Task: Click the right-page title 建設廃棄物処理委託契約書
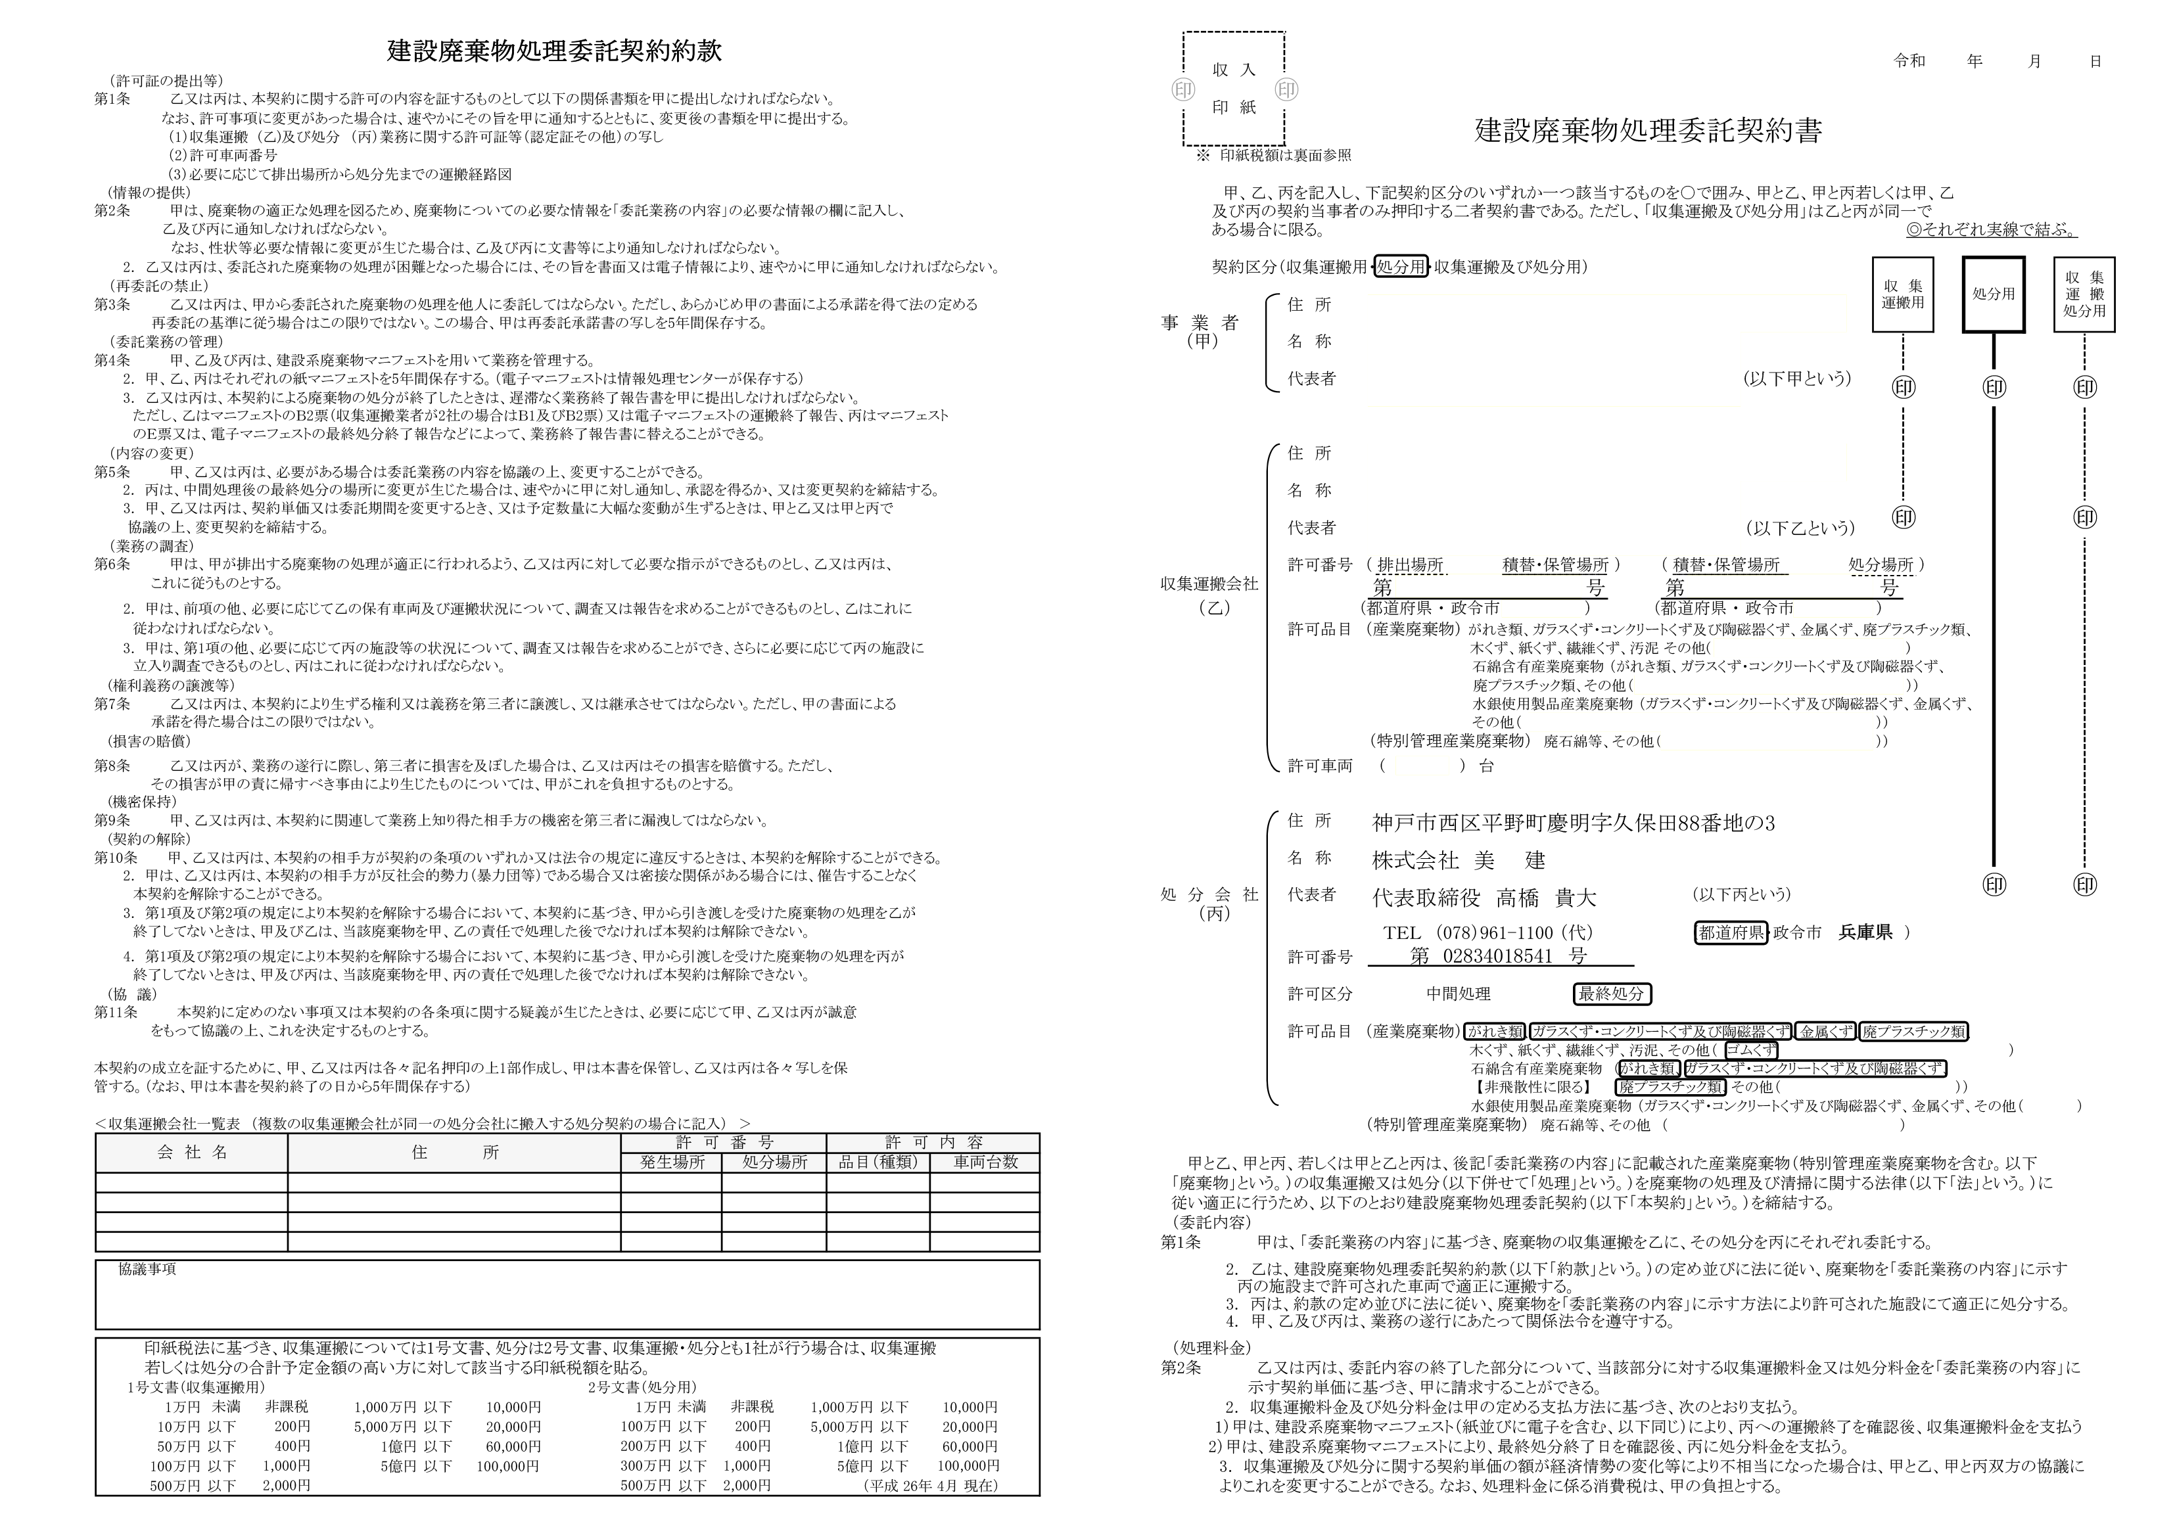[x=1649, y=131]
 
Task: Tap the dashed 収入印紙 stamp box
[x=1233, y=89]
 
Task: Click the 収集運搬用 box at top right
[x=1902, y=294]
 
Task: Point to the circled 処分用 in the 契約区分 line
[x=1400, y=267]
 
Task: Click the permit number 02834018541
[x=1497, y=957]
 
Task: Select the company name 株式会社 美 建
[x=1458, y=860]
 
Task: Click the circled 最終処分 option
[x=1611, y=994]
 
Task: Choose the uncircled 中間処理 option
[x=1458, y=994]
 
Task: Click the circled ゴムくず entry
[x=1750, y=1049]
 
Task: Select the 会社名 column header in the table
[x=193, y=1153]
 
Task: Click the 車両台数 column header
[x=984, y=1162]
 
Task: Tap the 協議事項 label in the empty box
[x=147, y=1269]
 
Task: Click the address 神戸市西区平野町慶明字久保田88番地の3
[x=1572, y=823]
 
